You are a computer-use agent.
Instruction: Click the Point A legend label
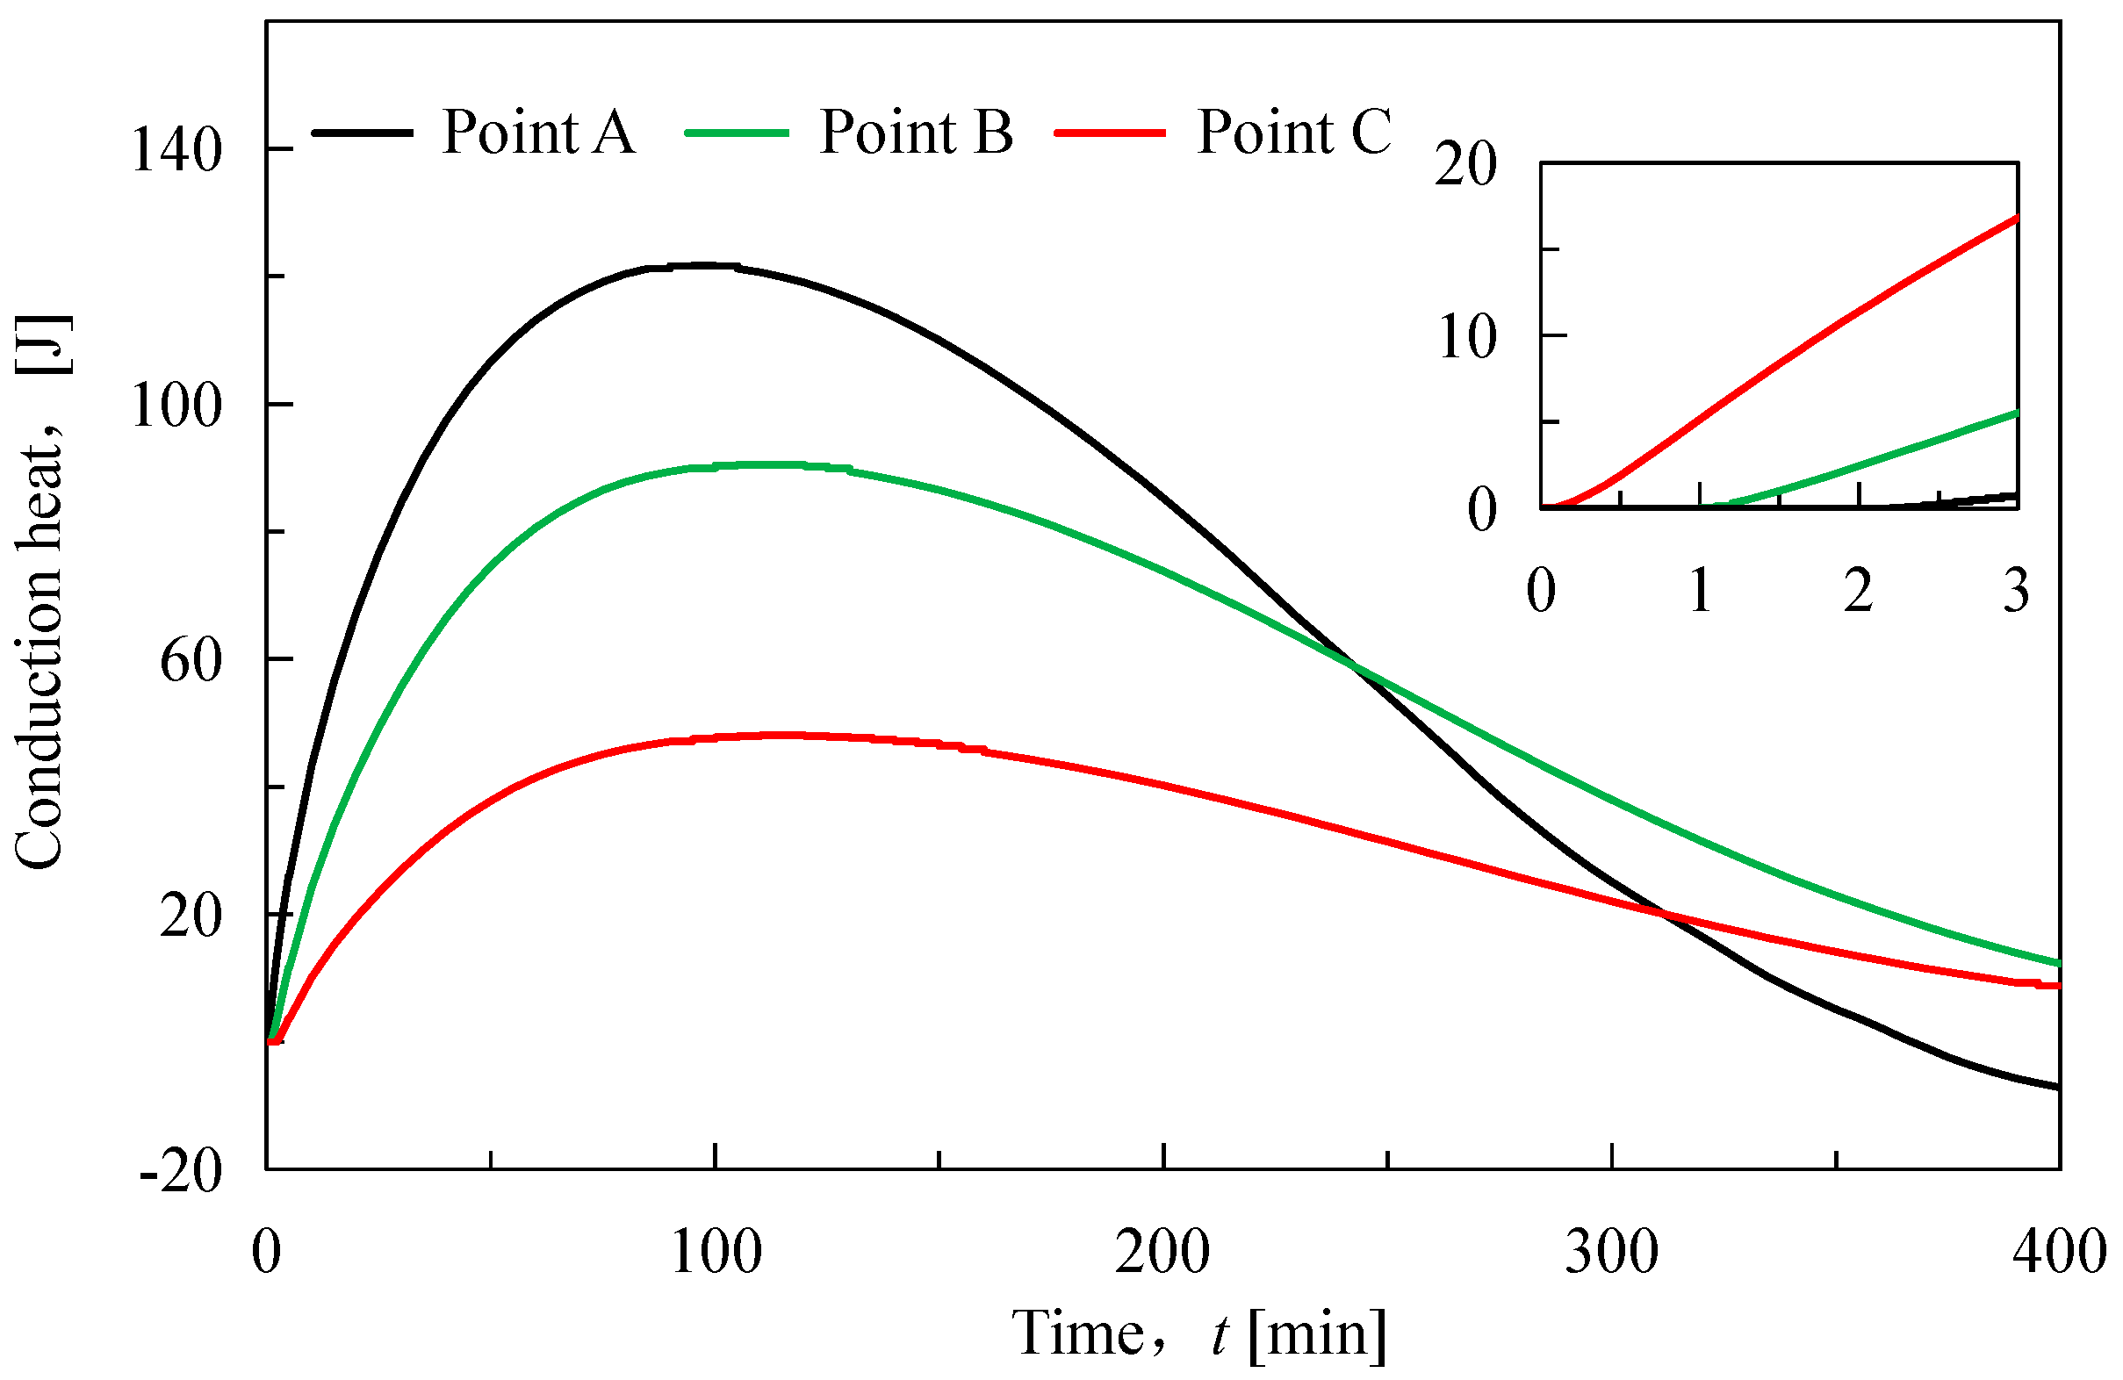tap(538, 132)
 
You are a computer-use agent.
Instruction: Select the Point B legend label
tap(916, 132)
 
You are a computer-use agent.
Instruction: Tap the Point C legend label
tap(1293, 132)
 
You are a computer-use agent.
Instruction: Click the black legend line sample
tap(363, 132)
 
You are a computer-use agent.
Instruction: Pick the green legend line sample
tap(737, 132)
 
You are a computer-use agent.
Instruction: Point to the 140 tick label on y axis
tap(176, 150)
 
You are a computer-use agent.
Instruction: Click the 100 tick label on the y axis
tap(176, 406)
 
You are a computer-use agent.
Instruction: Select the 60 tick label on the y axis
tap(190, 662)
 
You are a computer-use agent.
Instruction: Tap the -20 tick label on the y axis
tap(181, 1171)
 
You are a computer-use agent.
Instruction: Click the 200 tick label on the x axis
tap(1162, 1252)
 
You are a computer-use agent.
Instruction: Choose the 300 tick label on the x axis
tap(1612, 1252)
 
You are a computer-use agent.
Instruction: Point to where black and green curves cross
tap(1353, 665)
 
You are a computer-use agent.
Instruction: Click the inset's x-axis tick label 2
tap(1858, 591)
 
